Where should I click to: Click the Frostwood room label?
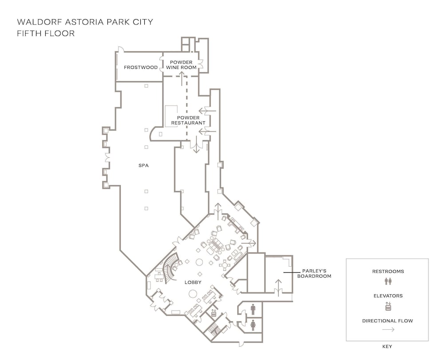tap(141, 68)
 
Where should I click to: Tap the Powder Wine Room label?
tap(181, 65)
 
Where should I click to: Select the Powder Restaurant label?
tap(188, 120)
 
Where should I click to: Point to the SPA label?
tap(143, 165)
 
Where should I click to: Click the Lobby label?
tap(193, 282)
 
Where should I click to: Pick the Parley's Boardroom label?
tap(314, 273)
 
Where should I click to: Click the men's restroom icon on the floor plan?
tap(253, 309)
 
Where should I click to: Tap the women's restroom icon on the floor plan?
tap(253, 325)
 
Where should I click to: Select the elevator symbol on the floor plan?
tap(214, 313)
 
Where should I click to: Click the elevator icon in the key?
tap(388, 306)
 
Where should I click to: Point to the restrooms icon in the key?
tap(388, 281)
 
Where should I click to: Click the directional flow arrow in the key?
tap(388, 329)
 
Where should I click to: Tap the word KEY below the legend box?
tap(387, 346)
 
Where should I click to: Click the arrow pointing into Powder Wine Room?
tap(182, 79)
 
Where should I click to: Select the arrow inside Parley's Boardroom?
tap(278, 288)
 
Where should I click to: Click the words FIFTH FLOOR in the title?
tap(46, 33)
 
